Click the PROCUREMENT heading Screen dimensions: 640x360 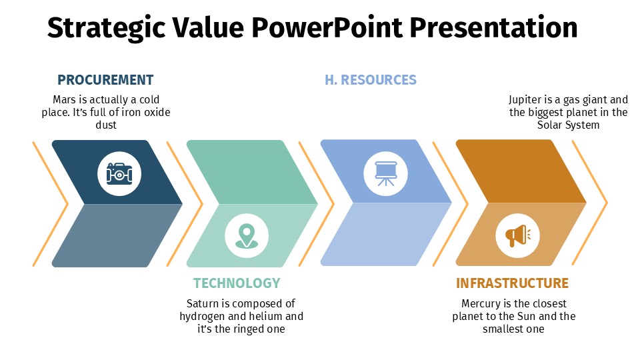tap(105, 79)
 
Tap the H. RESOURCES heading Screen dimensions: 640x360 tap(371, 79)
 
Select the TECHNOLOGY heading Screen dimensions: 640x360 tap(237, 283)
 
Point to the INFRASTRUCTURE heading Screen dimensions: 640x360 tap(512, 283)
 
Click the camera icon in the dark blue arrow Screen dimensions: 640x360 tap(119, 174)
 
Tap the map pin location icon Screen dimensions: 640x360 tap(247, 236)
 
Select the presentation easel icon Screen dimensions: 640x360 tap(386, 173)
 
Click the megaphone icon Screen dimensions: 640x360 tap(517, 236)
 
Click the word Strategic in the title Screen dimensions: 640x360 tap(106, 29)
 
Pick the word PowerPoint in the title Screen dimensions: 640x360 tap(327, 28)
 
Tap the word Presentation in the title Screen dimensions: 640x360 tap(493, 28)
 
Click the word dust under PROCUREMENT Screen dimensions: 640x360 tap(106, 125)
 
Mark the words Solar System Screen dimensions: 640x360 tap(568, 125)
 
